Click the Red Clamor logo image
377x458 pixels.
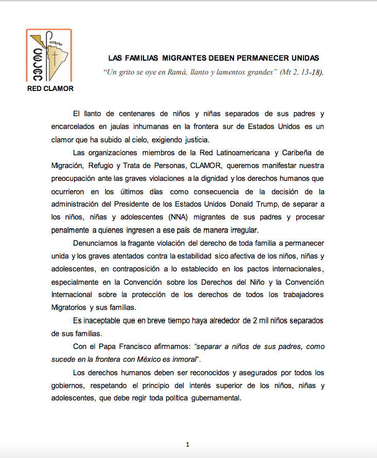[48, 56]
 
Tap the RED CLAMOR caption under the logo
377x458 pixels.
[50, 88]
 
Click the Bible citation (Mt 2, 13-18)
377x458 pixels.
[301, 72]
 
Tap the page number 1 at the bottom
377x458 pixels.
[188, 444]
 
